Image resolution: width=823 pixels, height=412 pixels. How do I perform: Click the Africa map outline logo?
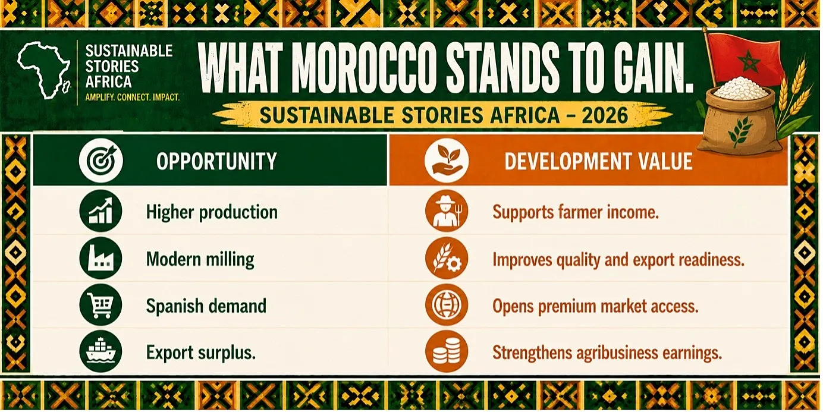point(43,70)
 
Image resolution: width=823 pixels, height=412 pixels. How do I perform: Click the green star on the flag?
point(749,61)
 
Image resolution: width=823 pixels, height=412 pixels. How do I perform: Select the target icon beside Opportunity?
point(100,161)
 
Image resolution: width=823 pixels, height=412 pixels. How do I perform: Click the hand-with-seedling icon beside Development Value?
point(447,161)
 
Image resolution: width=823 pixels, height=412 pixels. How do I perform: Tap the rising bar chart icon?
point(100,211)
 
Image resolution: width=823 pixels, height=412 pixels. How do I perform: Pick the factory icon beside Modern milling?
point(100,258)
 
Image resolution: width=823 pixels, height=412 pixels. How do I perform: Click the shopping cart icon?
point(100,305)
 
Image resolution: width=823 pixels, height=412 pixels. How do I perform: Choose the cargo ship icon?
point(100,351)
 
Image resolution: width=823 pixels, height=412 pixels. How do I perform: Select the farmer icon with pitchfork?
point(447,211)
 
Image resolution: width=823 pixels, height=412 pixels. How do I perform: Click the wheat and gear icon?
point(447,258)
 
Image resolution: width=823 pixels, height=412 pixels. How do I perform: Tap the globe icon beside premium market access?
point(447,305)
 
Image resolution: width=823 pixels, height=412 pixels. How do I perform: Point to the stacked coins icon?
point(447,351)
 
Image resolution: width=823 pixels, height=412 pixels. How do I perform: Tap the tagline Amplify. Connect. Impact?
point(132,98)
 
